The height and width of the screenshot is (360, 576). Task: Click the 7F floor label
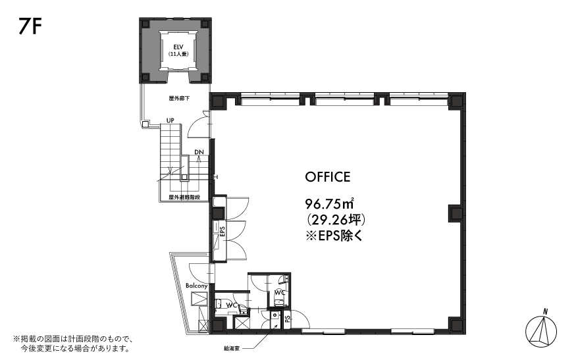coord(30,26)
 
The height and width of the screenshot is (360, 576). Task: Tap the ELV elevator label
coord(178,47)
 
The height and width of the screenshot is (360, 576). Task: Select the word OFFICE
coord(328,177)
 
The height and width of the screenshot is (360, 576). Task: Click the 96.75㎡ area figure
coord(330,203)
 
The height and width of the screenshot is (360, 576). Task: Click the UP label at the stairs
coord(170,120)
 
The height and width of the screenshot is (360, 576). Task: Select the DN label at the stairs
coord(199,152)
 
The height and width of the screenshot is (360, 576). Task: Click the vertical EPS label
coord(222,232)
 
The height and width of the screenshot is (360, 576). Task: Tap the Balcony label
coord(197,286)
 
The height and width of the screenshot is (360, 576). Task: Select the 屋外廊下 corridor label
coord(179,99)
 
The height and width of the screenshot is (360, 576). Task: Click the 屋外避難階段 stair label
coord(184,197)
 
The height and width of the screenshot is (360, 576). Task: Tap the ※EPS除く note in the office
coord(334,236)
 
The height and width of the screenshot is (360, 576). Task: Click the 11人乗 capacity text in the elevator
coord(178,54)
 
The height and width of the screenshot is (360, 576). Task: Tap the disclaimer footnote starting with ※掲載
coord(73,343)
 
